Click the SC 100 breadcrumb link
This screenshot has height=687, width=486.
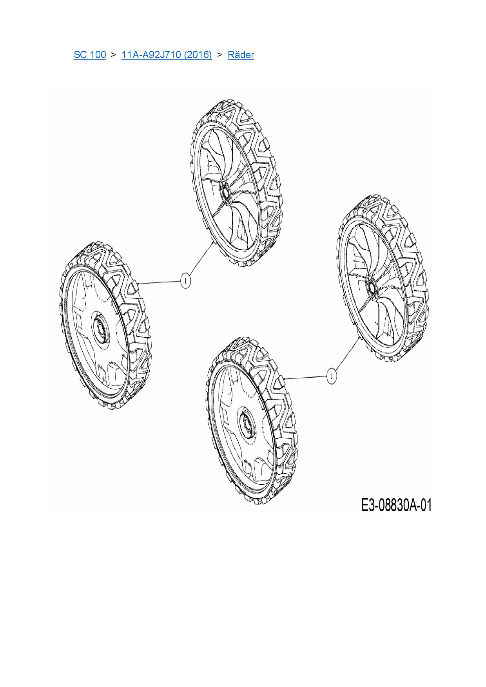click(90, 55)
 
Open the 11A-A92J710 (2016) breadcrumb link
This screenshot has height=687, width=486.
click(167, 55)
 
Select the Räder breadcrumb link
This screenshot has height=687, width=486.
click(241, 55)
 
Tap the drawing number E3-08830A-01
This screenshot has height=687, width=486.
click(396, 505)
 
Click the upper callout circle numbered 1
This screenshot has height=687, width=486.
click(185, 280)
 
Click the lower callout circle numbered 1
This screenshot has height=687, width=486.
click(332, 376)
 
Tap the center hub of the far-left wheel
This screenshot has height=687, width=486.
click(101, 329)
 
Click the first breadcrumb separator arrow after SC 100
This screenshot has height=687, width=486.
click(114, 55)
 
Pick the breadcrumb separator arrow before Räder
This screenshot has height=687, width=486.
click(219, 55)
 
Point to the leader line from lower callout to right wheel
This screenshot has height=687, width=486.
click(347, 354)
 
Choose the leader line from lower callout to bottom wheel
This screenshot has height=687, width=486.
click(306, 378)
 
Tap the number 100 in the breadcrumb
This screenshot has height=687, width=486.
click(98, 55)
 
